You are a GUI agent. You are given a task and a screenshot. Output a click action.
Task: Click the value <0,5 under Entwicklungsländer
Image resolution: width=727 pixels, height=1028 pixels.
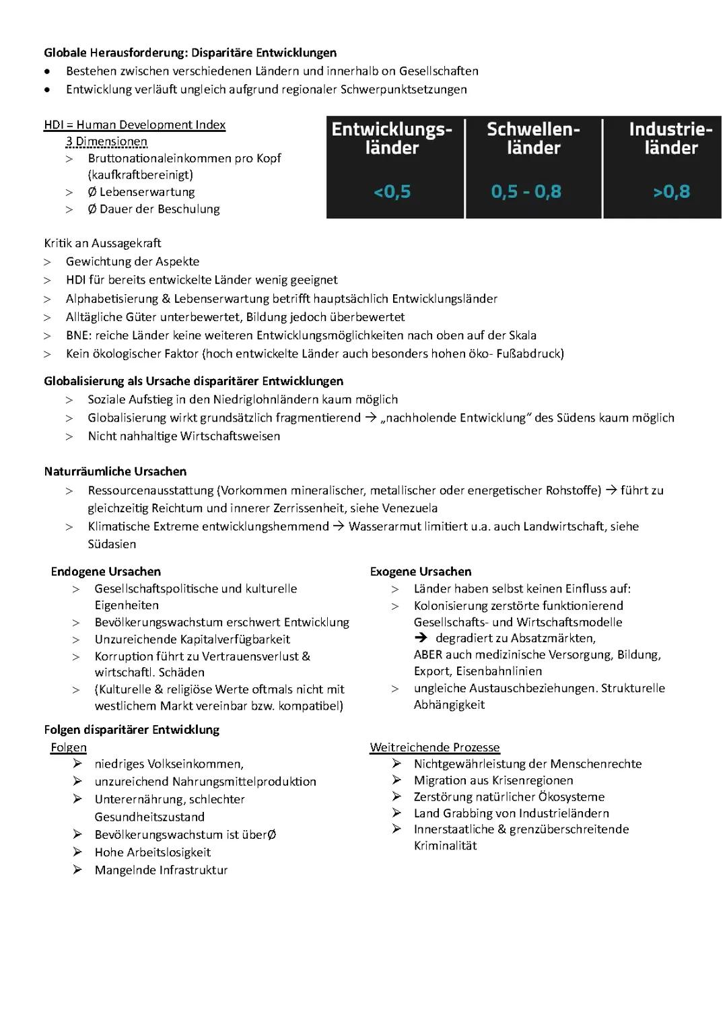(x=392, y=192)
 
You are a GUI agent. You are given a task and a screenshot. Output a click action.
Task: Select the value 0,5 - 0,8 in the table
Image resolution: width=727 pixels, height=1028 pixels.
(x=526, y=192)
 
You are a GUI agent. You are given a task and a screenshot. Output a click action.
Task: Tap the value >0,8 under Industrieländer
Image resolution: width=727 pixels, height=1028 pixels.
(x=671, y=192)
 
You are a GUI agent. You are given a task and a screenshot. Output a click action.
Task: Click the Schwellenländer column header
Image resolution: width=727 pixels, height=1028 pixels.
(x=533, y=138)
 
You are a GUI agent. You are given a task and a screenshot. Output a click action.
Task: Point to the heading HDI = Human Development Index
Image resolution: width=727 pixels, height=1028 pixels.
(x=135, y=125)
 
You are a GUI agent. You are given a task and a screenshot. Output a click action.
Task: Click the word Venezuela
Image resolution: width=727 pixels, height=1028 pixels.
(x=409, y=508)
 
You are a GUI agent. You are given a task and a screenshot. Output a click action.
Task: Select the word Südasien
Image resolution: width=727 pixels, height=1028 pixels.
(x=112, y=544)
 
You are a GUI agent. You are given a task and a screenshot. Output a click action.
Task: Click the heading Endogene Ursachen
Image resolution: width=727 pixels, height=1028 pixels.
(x=106, y=572)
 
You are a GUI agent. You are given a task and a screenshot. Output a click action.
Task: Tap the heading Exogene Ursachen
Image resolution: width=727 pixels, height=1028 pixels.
(x=421, y=572)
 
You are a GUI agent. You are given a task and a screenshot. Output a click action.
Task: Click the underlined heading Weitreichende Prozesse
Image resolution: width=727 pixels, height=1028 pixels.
(x=435, y=747)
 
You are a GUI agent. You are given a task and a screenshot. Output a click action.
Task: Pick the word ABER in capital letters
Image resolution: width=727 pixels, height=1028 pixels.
(x=428, y=654)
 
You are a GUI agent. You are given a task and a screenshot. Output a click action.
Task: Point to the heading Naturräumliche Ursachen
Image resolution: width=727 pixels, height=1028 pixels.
(x=115, y=471)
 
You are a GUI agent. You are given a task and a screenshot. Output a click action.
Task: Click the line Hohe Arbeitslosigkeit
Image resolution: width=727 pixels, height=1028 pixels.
(x=153, y=852)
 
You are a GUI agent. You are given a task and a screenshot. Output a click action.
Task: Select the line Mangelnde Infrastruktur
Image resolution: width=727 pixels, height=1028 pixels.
(x=161, y=870)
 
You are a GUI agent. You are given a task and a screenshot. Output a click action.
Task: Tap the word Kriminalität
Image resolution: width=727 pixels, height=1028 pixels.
(x=445, y=846)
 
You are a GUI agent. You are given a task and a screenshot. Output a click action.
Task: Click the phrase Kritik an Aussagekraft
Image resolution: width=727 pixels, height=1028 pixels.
(x=102, y=243)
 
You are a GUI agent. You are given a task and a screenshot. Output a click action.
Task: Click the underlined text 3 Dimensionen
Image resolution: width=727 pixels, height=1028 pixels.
(x=106, y=141)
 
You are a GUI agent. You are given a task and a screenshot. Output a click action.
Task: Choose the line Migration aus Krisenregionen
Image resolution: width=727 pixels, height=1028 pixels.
(x=493, y=780)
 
